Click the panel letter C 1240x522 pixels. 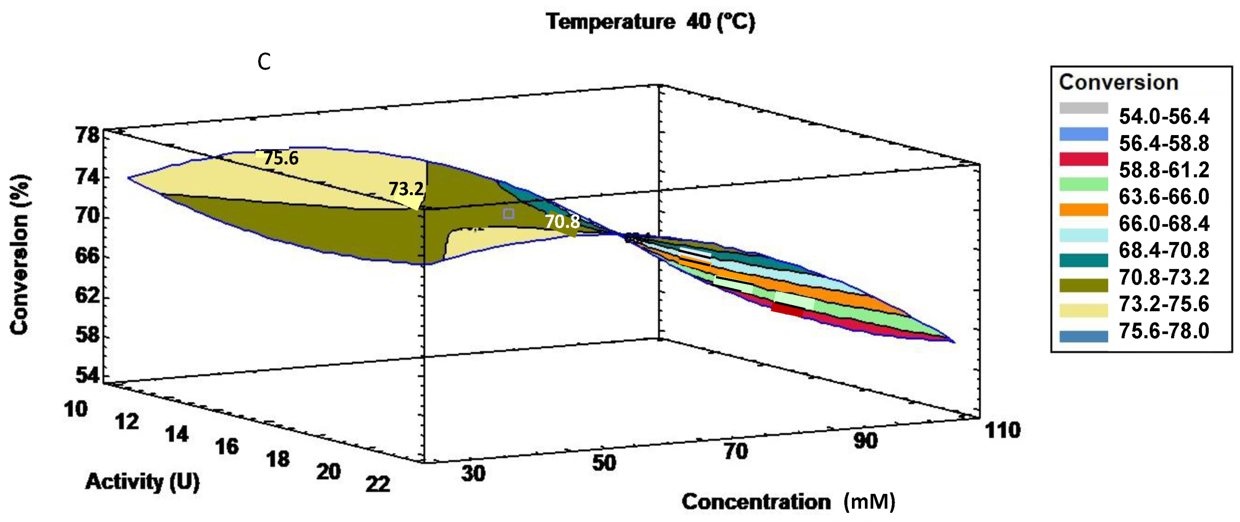click(264, 62)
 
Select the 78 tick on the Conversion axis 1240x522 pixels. click(87, 135)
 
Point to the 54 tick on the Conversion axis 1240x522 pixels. click(87, 375)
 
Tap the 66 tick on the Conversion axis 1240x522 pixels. click(87, 255)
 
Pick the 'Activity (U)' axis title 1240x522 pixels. click(142, 482)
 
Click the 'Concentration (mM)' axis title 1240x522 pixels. click(788, 502)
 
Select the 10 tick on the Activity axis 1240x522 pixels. click(75, 409)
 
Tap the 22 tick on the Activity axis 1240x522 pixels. click(377, 484)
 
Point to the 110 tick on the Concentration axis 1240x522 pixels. click(1003, 430)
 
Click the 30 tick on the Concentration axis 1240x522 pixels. click(473, 474)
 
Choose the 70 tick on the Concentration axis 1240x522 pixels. click(736, 451)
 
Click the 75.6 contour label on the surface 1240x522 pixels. click(281, 158)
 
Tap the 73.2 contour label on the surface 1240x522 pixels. click(406, 189)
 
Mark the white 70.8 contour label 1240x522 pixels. click(562, 222)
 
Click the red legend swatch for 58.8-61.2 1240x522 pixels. click(1084, 159)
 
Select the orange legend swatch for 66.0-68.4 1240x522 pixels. click(1084, 210)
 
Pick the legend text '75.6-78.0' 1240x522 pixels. click(1163, 331)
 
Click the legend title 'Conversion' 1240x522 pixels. click(1118, 83)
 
